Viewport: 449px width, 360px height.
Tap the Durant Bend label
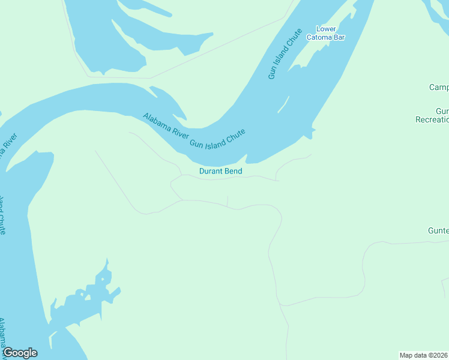click(220, 172)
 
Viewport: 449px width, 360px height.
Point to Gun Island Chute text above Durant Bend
click(218, 139)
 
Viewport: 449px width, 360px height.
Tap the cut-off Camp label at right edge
click(438, 88)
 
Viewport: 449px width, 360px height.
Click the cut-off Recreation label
click(432, 119)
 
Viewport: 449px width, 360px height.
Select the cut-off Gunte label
click(438, 230)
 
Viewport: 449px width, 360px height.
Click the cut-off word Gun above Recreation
click(442, 112)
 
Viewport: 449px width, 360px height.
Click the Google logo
click(20, 353)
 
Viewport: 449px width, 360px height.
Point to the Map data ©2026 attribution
click(423, 355)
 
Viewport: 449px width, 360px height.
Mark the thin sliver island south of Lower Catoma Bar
click(284, 104)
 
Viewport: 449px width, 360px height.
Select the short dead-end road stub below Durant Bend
click(228, 200)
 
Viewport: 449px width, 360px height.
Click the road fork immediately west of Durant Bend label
click(180, 176)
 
